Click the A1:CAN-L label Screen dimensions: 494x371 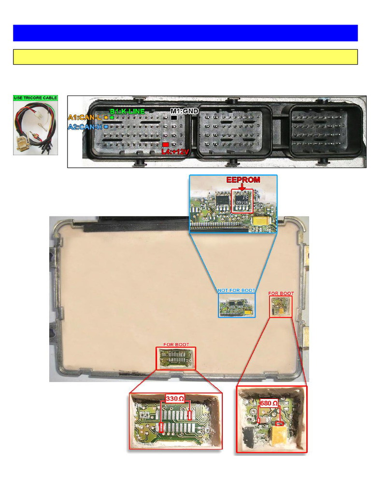(85, 117)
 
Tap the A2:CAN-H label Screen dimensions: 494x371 (85, 127)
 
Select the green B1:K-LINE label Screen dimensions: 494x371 (127, 111)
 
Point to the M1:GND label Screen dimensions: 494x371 (185, 111)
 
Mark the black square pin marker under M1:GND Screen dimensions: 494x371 (173, 117)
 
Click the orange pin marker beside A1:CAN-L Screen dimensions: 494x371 (106, 117)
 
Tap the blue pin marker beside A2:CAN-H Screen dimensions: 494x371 (106, 127)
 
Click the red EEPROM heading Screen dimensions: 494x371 (243, 180)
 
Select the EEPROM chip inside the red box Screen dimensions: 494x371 (243, 201)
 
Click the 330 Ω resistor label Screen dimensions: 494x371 (175, 399)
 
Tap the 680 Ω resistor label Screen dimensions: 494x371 (269, 403)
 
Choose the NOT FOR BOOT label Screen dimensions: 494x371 (236, 290)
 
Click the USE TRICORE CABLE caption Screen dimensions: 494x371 (35, 98)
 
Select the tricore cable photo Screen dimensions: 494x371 (35, 128)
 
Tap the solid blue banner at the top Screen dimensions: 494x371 (185, 33)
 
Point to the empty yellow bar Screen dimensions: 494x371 (185, 56)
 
